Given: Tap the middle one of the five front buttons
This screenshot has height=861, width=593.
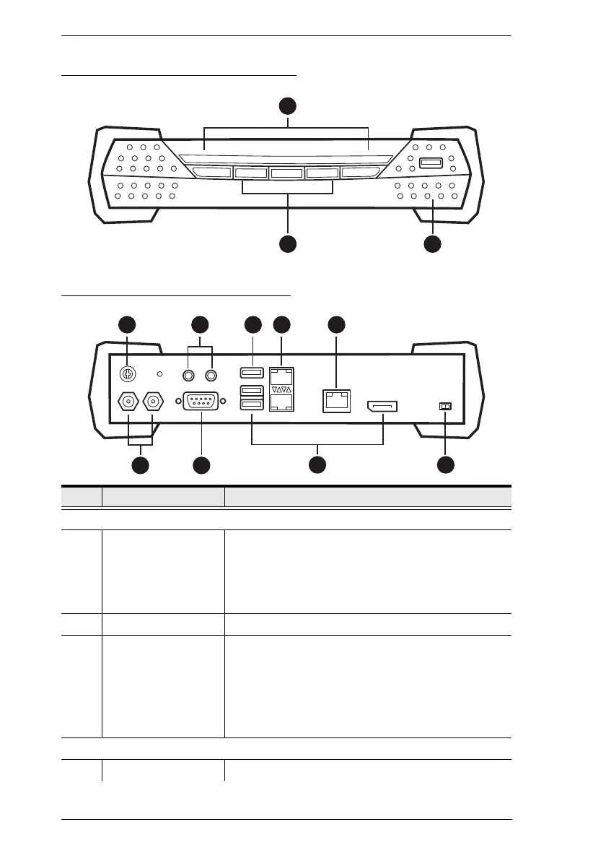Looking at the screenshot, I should point(288,173).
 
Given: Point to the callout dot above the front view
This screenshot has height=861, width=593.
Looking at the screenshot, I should point(288,106).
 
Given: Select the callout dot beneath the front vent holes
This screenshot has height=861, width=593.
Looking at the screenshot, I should point(432,244).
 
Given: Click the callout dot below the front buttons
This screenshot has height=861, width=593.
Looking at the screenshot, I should point(288,244).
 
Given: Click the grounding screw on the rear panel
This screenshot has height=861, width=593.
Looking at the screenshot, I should point(127,375).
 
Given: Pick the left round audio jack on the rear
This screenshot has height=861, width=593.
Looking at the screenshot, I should point(189,375).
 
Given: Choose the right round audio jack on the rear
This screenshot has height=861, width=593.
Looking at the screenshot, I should point(212,375).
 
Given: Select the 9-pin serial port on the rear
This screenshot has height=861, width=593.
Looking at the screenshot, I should point(201,402).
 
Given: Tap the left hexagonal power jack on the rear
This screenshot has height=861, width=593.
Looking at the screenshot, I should point(128,402).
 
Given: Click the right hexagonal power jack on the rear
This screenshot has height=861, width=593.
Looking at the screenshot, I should point(153,402).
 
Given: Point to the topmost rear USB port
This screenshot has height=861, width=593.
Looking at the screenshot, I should point(252,374).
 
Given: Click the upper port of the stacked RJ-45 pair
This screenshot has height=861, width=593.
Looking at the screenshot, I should point(281,376).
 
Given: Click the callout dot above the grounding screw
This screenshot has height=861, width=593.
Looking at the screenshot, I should point(127,324).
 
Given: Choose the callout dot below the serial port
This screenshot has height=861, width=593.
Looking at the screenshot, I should point(201,466).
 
